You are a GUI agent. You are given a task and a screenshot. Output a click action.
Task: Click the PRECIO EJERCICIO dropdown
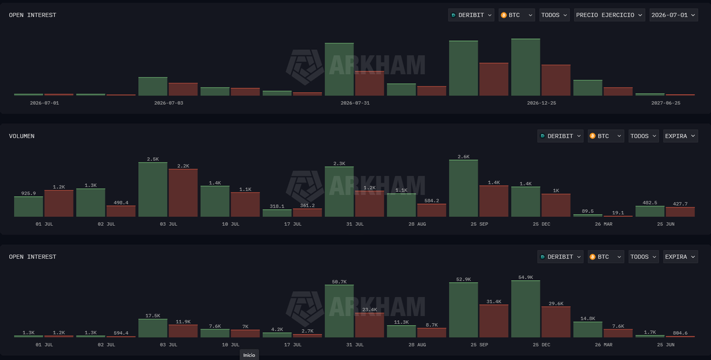pos(610,15)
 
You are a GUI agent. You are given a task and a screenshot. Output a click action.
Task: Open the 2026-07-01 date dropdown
pos(674,15)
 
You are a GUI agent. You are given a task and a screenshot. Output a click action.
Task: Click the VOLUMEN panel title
pos(22,136)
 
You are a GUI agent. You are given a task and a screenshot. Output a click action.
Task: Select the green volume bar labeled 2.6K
pos(463,188)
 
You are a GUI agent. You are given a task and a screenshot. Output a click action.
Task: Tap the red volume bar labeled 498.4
pos(121,211)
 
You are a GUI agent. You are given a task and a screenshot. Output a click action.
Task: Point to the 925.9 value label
pos(28,193)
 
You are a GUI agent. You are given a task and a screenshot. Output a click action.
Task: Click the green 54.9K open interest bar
pos(525,309)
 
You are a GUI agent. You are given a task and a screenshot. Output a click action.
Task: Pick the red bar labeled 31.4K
pos(494,321)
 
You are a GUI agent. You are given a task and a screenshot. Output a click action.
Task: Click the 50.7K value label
pos(339,282)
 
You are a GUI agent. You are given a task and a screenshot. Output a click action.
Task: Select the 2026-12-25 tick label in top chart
pos(541,103)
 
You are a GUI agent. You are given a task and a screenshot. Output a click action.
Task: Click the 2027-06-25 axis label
pos(666,103)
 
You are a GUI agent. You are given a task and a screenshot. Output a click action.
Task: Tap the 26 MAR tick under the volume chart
pos(604,224)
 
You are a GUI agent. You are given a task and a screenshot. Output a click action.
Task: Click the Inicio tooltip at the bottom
pos(249,355)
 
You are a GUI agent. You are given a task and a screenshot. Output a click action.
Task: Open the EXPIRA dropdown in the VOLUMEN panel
pos(680,136)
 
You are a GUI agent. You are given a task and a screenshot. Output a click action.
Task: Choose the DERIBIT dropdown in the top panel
pos(471,15)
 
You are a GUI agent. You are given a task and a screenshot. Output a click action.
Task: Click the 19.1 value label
pos(618,213)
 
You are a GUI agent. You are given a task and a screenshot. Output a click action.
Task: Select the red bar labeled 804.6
pos(680,336)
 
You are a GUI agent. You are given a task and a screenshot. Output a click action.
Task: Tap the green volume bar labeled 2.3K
pos(339,192)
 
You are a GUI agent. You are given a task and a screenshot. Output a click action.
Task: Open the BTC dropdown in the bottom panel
pos(606,257)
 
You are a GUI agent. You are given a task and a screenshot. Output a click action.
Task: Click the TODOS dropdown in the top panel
pos(554,15)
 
